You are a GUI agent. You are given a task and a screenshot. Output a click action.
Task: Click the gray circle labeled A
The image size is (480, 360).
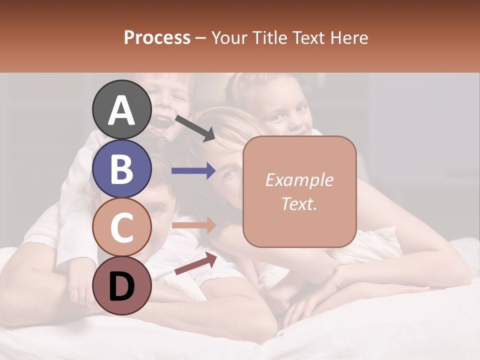coord(122,110)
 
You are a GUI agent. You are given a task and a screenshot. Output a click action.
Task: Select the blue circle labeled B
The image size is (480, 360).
coord(122,169)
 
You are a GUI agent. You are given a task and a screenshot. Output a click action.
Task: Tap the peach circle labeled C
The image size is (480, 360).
coord(122,228)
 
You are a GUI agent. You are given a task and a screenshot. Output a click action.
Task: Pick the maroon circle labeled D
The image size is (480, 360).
coord(122,286)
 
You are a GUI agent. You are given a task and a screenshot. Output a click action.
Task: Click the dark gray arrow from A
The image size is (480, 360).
coord(195,128)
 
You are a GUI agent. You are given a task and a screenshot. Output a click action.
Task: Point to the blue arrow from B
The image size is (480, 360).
coord(193,171)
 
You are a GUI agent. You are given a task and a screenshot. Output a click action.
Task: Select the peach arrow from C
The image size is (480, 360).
coord(193,225)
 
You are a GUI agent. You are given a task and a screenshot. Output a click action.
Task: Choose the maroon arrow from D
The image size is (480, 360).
coord(195,263)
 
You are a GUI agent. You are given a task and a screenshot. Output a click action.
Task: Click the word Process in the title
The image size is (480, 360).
coord(157,38)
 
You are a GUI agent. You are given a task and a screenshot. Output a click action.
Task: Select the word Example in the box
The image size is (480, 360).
coord(299,180)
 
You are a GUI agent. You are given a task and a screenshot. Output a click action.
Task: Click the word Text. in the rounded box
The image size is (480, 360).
coord(299,203)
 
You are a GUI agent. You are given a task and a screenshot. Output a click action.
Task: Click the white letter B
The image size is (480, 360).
coord(122,169)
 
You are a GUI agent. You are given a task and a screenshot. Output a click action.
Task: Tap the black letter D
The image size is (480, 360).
coord(122,286)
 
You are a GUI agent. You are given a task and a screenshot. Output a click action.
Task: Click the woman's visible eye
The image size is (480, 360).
coord(229,174)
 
